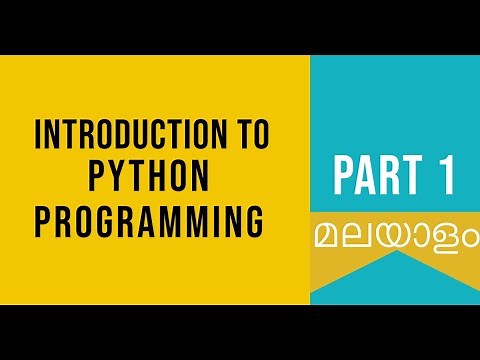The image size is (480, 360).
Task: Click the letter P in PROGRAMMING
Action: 43,217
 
